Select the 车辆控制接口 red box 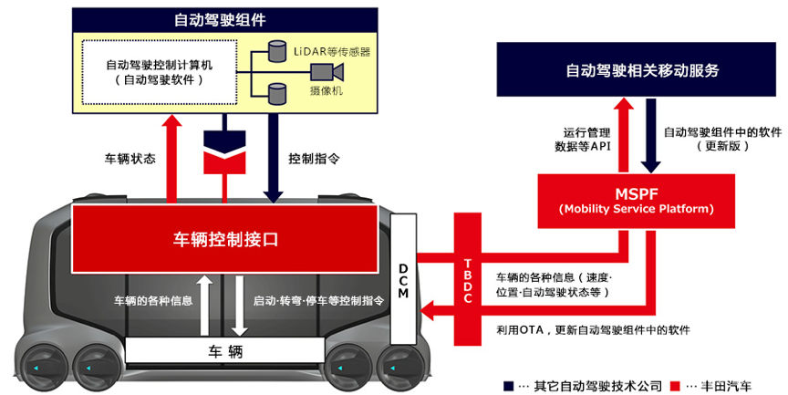(225, 240)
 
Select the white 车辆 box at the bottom (224, 351)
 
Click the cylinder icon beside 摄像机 (277, 90)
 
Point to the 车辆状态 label (130, 158)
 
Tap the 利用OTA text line (593, 329)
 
